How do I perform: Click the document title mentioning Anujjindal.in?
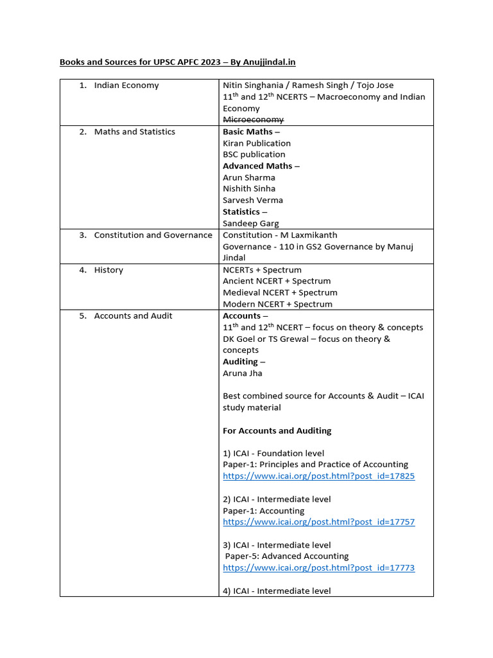178,62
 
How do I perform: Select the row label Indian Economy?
126,85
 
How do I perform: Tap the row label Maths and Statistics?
134,132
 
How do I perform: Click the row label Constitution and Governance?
153,235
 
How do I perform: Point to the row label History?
108,270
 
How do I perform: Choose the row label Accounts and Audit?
133,316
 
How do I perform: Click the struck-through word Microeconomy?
253,120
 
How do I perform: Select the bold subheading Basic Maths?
247,132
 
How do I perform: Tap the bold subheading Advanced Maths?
257,166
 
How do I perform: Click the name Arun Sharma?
248,177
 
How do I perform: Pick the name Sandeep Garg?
251,224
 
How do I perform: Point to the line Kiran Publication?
256,143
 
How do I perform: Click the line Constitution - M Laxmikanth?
279,235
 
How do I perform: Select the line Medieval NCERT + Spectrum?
279,292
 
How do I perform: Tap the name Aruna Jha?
242,373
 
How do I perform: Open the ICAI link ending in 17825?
318,476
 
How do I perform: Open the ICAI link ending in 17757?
318,522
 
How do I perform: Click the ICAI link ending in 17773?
318,568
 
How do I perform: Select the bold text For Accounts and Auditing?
277,431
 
